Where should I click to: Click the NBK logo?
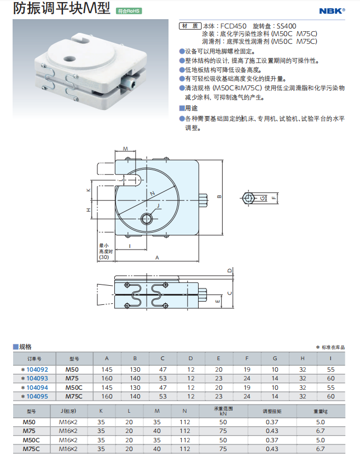coord(332,11)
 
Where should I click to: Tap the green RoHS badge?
coord(129,11)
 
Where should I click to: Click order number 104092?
coord(37,369)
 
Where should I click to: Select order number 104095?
coord(37,396)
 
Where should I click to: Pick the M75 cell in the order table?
coord(72,378)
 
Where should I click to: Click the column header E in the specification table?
coord(219,359)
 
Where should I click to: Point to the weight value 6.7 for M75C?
coord(320,449)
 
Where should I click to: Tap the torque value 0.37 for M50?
coord(272,422)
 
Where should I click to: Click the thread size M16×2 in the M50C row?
coord(68,440)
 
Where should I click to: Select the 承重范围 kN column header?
coord(223,411)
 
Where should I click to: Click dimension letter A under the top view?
coord(157,258)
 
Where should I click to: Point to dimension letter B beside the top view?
coord(219,197)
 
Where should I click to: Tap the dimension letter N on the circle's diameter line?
coord(153,193)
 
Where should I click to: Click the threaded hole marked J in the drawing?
coord(147,219)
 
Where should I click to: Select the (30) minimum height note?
coord(104,257)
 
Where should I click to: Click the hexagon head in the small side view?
coord(248,198)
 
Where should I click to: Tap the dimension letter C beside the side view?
coord(230,293)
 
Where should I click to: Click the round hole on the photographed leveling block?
coord(69,59)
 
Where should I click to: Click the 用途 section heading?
coord(189,108)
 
